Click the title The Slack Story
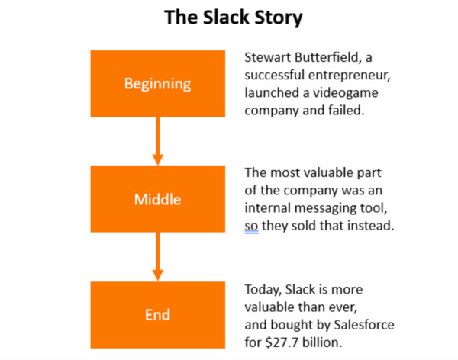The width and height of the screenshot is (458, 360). point(233,18)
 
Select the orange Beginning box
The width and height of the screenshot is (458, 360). point(158,84)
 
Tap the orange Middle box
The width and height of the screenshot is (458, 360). point(158,199)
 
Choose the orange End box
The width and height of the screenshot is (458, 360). point(158,315)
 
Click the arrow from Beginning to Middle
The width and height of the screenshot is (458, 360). point(158,141)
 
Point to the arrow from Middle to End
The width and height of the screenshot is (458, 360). point(158,257)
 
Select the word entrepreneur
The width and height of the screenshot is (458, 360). point(350,76)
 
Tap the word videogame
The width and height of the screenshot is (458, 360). point(346,93)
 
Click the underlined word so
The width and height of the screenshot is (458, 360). point(251,227)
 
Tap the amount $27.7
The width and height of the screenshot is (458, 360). point(282,342)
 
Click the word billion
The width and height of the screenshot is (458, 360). point(322,342)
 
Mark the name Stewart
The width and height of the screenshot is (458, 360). point(268,57)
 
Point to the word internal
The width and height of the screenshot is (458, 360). point(268,208)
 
